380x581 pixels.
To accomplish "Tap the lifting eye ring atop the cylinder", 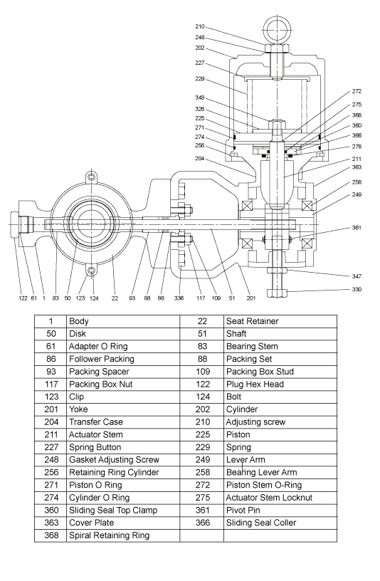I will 276,29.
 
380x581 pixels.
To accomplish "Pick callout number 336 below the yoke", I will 179,298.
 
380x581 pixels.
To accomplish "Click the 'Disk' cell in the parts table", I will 78,334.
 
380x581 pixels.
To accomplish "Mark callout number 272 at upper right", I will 357,92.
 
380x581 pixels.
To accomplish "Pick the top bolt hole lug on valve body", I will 91,176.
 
